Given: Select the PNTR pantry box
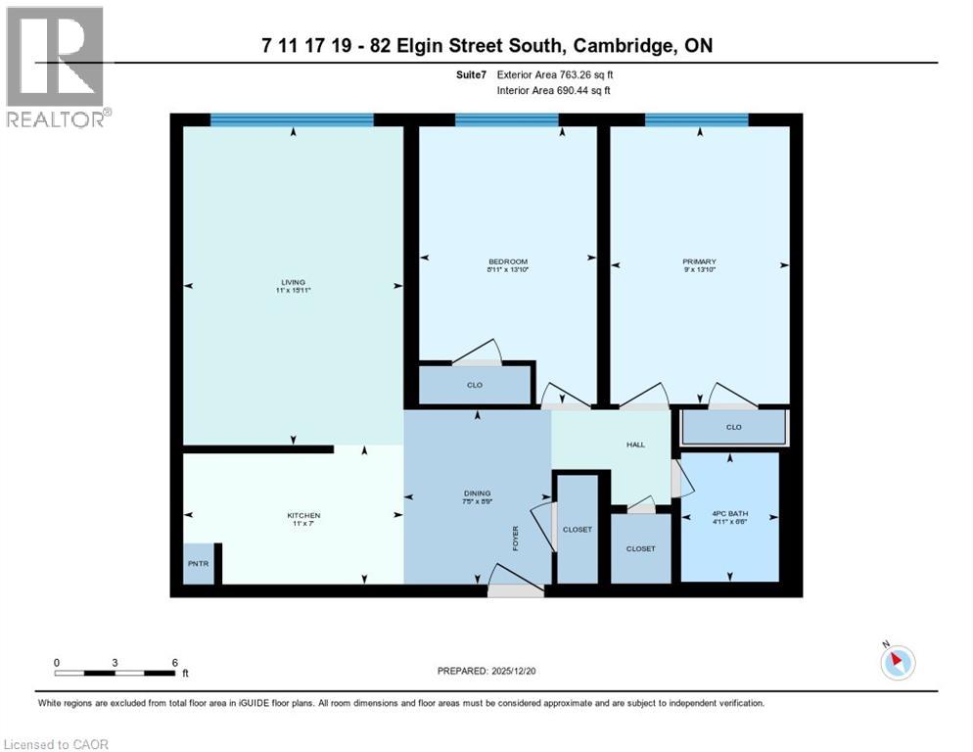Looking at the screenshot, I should tap(196, 565).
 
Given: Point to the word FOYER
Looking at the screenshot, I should tap(515, 538).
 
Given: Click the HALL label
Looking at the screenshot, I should tap(635, 445).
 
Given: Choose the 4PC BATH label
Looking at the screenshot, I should tap(729, 515).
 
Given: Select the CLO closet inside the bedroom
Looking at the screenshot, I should tap(475, 385).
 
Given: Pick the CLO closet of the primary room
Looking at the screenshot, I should tap(733, 428).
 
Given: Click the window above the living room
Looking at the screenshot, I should tap(293, 119).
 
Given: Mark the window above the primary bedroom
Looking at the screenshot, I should tap(696, 119).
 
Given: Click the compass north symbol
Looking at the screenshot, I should tap(897, 662).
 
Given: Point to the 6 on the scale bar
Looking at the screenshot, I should tap(174, 662).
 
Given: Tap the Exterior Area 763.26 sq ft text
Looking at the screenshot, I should tap(555, 73).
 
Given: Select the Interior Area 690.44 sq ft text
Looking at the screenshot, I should tap(555, 90).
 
